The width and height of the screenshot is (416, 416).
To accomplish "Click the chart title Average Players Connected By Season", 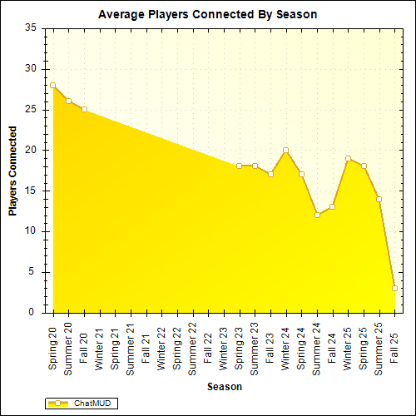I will pyautogui.click(x=208, y=15).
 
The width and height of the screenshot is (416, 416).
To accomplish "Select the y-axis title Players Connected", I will pyautogui.click(x=13, y=171).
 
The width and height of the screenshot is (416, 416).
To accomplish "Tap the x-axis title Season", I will pyautogui.click(x=225, y=387).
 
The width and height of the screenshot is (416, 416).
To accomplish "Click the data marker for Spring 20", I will pyautogui.click(x=52, y=85).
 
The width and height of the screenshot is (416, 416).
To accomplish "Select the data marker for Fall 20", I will pyautogui.click(x=84, y=109).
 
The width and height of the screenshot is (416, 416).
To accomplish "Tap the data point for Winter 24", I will pyautogui.click(x=285, y=150).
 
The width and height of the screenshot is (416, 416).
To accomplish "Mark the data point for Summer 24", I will pyautogui.click(x=317, y=215).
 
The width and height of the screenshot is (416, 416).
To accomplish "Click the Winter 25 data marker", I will pyautogui.click(x=348, y=158).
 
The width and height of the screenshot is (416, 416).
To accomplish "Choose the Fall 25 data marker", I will pyautogui.click(x=394, y=288).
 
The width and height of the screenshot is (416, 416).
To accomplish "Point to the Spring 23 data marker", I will pyautogui.click(x=239, y=166).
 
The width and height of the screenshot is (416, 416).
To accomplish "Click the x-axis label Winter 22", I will pyautogui.click(x=161, y=348).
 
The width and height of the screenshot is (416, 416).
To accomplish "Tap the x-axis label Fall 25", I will pyautogui.click(x=394, y=343).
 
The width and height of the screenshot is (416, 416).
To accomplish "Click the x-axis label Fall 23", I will pyautogui.click(x=270, y=343).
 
